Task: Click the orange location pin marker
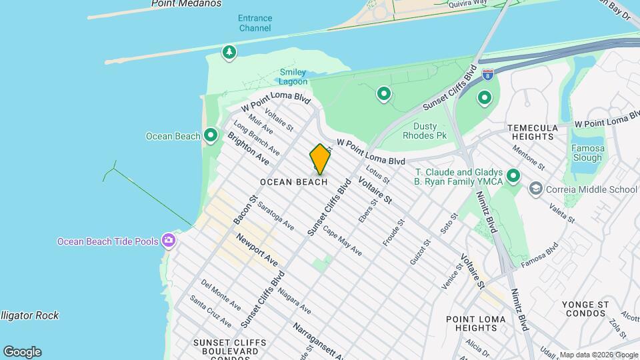320,160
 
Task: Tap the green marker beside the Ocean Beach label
211,135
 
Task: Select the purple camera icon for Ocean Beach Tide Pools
169,240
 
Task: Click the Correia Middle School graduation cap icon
535,189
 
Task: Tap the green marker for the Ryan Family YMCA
513,176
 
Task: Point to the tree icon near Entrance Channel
229,52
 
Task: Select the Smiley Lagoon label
293,77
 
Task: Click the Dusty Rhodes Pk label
425,131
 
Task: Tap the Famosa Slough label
587,153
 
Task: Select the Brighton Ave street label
248,149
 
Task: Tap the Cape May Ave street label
342,241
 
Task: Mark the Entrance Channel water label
255,23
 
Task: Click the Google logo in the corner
22,352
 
